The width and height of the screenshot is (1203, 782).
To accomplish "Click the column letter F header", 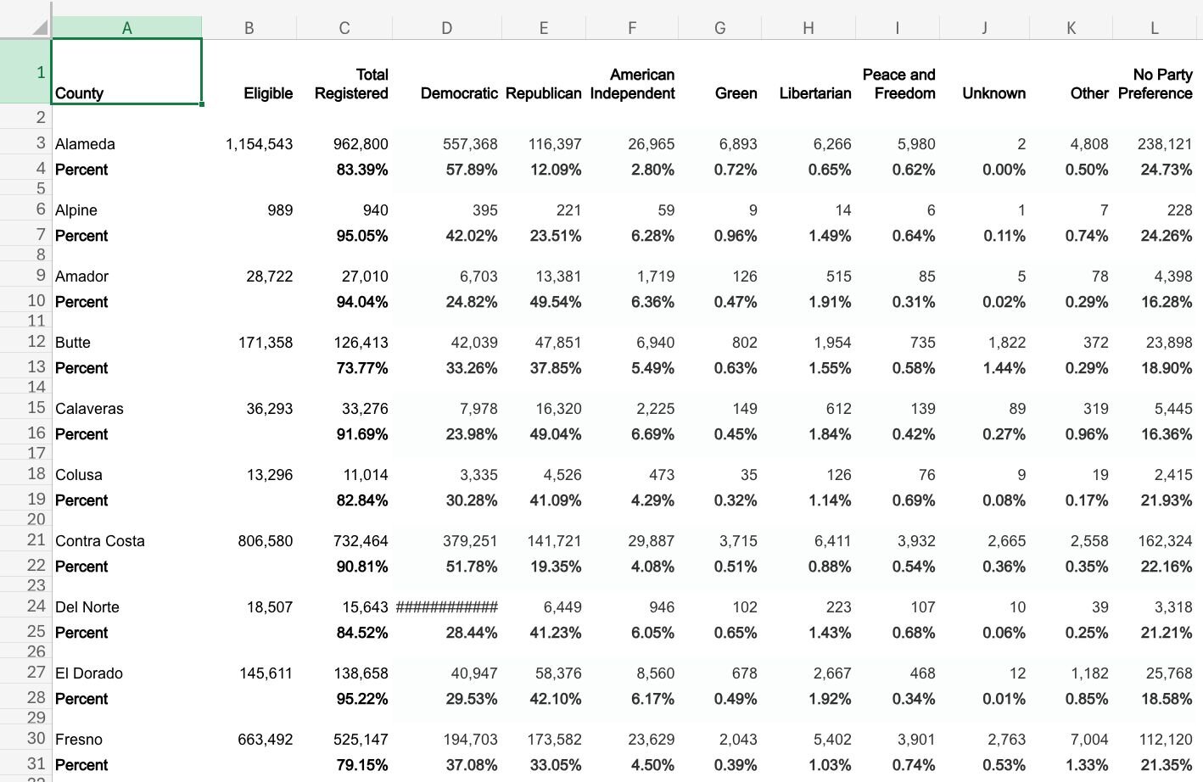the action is point(631,28).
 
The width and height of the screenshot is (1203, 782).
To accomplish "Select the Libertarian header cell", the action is point(814,93).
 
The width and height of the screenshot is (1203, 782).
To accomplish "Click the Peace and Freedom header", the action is point(898,84).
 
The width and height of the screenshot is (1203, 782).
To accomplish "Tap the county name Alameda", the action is point(85,144).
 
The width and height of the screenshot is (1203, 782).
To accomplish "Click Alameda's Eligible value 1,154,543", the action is point(259,144).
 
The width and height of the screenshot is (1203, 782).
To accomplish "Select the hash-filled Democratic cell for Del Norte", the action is point(447,607).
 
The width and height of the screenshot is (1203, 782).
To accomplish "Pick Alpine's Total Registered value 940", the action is point(375,210).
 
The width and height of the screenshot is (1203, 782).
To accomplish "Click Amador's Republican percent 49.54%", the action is point(556,302).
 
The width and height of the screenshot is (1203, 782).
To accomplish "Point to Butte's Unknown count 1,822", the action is point(1006,343).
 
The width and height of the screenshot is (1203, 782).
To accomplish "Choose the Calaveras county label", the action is point(89,409).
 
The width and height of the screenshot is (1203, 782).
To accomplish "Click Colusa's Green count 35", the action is point(748,475).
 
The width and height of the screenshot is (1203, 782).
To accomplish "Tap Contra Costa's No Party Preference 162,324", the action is point(1165,541).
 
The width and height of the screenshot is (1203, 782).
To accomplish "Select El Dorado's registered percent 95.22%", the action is point(362,699).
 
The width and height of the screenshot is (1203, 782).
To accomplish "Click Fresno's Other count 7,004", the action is point(1088,740).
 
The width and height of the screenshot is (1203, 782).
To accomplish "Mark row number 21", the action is point(36,539).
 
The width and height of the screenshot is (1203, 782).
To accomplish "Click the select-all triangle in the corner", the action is point(40,27).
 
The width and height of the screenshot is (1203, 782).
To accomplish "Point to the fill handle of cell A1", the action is point(202,104).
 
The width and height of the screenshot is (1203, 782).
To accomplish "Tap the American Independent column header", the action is point(632,84).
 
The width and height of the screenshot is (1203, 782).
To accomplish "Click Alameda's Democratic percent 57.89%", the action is point(472,170).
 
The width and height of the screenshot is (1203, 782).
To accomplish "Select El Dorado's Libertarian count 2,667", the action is point(832,673).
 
